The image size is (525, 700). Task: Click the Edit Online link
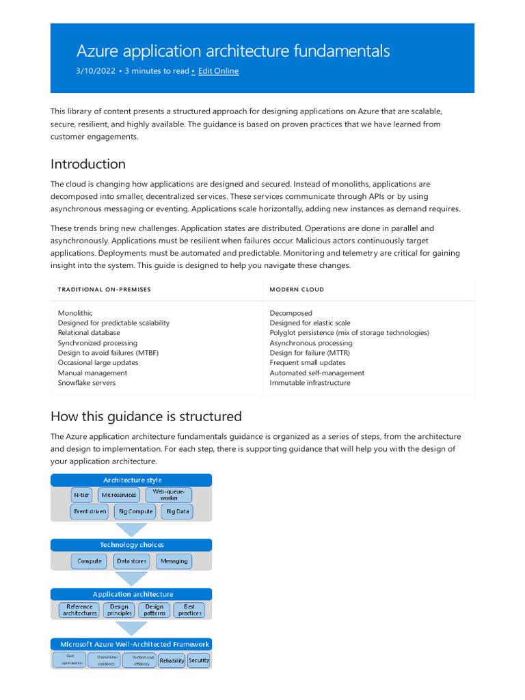click(218, 71)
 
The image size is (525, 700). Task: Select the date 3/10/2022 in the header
click(96, 71)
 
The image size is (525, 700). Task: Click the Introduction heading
click(88, 164)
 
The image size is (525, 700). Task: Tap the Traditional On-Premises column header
click(105, 289)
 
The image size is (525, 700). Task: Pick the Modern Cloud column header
click(297, 289)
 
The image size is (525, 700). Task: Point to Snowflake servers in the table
click(87, 383)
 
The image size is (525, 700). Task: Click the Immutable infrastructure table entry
click(310, 383)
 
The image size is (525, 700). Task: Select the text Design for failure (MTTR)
click(310, 353)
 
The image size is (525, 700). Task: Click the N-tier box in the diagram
click(81, 494)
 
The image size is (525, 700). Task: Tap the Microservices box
click(119, 494)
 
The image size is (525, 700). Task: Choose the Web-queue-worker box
click(168, 494)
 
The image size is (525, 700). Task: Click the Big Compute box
click(135, 511)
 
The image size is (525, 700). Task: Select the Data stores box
click(131, 561)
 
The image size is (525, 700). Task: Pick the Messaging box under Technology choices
click(174, 561)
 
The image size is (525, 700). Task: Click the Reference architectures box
click(80, 610)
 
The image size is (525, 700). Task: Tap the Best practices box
click(189, 610)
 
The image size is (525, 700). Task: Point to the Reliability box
click(172, 660)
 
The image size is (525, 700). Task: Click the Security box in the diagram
click(199, 660)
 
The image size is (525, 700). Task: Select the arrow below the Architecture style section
click(131, 530)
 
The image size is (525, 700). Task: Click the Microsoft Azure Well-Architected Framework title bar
click(131, 644)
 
